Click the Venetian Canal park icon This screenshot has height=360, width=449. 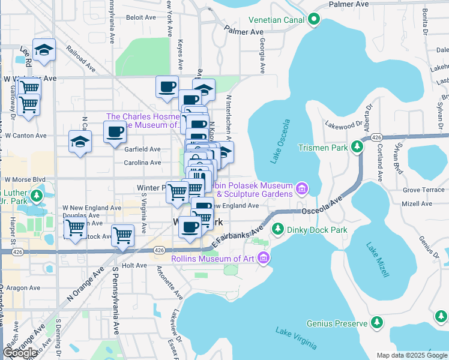click(313, 20)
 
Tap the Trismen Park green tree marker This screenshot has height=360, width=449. click(358, 146)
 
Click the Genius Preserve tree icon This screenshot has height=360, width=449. click(377, 323)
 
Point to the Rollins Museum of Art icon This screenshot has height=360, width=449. click(263, 259)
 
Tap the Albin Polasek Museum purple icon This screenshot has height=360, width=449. click(302, 190)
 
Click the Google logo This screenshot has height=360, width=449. click(20, 353)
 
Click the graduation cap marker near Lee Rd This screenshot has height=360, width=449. click(44, 50)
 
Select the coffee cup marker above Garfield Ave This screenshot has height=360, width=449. click(115, 132)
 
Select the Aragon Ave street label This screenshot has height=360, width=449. click(25, 289)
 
